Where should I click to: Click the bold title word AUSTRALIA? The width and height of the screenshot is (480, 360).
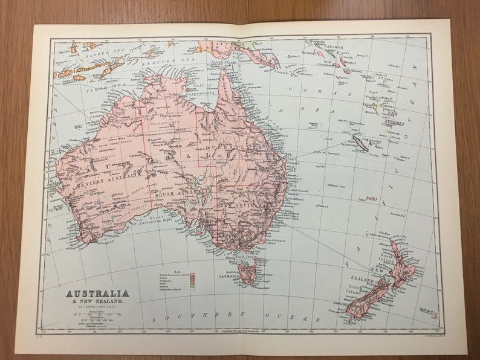coord(98,294)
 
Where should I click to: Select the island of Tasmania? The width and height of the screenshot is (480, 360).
coord(247,272)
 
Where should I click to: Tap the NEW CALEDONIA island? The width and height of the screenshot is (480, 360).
coord(362,143)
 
